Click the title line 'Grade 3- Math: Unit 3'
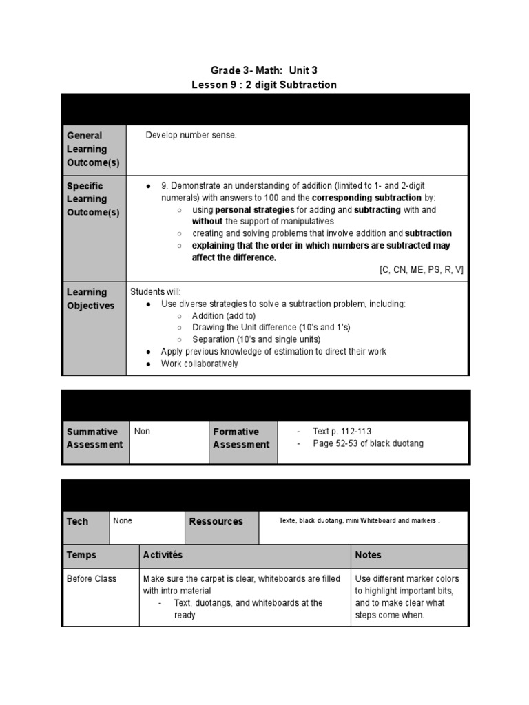[264, 70]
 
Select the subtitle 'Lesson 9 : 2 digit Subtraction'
[264, 85]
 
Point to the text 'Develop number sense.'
[191, 136]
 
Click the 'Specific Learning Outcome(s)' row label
[93, 199]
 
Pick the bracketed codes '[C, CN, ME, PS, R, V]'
[421, 270]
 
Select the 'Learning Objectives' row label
[90, 299]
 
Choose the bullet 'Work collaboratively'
[199, 364]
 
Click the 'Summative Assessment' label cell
[95, 438]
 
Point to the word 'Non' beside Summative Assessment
[142, 432]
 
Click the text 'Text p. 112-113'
[342, 432]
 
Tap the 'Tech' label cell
[77, 521]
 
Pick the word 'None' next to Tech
[123, 521]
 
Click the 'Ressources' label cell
[216, 521]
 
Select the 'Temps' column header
[81, 555]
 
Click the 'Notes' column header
[368, 555]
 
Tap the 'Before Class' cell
[92, 579]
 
